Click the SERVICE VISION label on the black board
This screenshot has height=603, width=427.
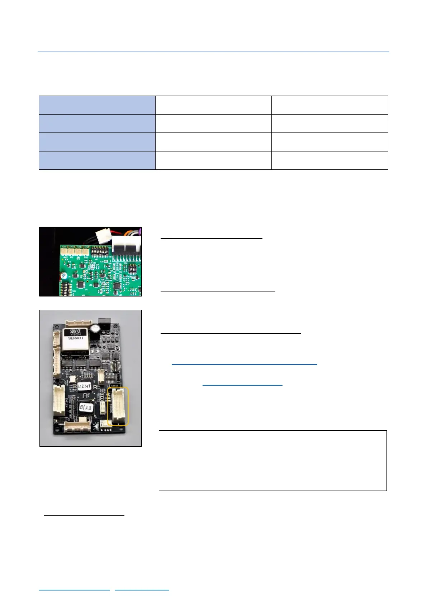click(x=75, y=334)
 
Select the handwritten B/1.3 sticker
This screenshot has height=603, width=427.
click(x=86, y=407)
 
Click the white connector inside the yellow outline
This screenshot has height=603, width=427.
click(x=118, y=406)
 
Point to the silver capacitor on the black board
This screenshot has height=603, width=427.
click(x=95, y=328)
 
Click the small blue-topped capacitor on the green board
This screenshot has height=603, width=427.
click(x=63, y=276)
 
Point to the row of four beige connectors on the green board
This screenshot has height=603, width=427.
click(x=75, y=251)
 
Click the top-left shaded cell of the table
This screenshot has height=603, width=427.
click(x=97, y=105)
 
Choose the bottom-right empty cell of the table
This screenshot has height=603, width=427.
click(x=329, y=160)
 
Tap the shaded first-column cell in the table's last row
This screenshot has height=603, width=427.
click(x=97, y=160)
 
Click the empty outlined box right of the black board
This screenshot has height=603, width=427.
click(x=272, y=460)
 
